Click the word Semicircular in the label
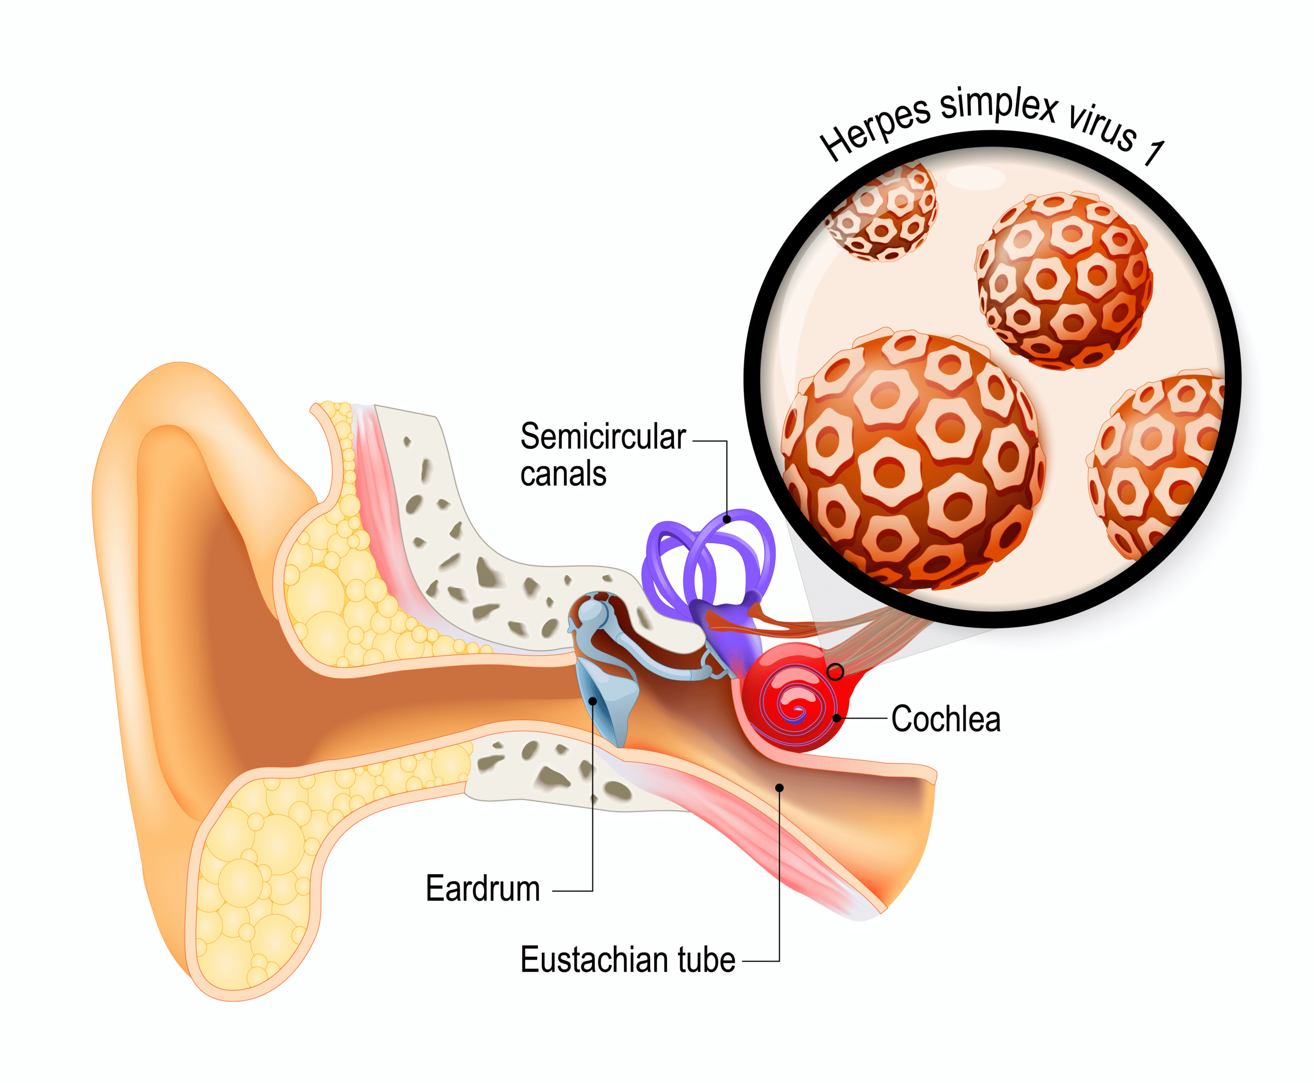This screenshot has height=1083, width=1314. [x=602, y=437]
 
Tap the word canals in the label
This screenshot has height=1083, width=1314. [x=562, y=475]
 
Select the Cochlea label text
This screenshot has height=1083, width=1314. [x=946, y=719]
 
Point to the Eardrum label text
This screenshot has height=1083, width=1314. [x=482, y=888]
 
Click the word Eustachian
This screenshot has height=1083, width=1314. [x=593, y=959]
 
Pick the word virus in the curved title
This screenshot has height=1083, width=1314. [x=1103, y=128]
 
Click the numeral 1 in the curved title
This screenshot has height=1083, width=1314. [x=1153, y=153]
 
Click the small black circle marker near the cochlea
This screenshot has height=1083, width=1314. [x=835, y=672]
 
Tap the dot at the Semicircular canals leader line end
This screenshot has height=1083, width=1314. [x=726, y=519]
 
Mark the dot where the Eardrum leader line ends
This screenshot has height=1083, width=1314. [x=592, y=701]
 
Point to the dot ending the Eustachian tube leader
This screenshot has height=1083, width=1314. [x=779, y=788]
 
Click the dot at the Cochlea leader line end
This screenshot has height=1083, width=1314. [x=836, y=719]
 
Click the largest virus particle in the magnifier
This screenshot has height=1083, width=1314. [x=910, y=462]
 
